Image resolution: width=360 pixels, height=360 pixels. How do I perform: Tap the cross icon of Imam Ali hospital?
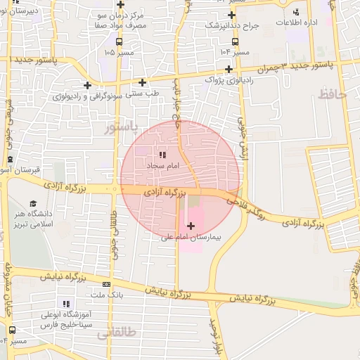tap(191, 226)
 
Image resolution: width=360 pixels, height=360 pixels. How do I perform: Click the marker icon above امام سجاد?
tap(162, 154)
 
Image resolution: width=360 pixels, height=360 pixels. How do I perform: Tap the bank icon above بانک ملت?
tap(106, 284)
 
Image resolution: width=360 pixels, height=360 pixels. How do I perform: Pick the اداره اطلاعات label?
tap(297, 22)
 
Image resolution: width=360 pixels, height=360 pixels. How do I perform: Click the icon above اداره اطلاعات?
tap(296, 11)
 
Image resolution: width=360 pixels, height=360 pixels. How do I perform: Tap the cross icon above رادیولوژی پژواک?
tap(229, 68)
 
